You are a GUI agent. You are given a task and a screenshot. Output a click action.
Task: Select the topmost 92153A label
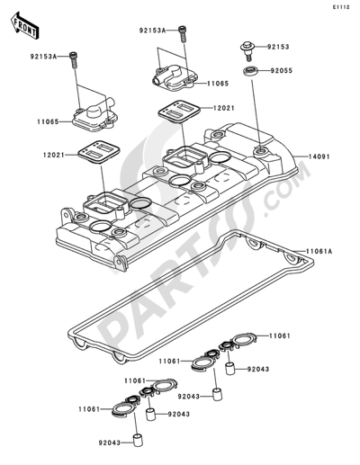tap(154, 30)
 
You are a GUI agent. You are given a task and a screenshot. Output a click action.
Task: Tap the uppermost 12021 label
tap(227, 107)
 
